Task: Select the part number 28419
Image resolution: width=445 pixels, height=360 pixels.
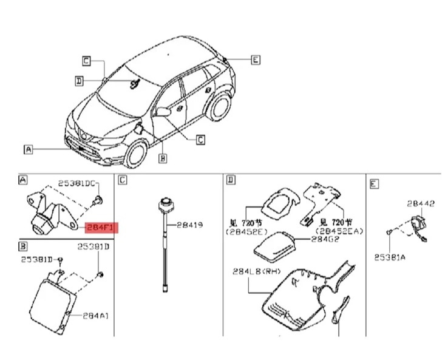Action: [189, 225]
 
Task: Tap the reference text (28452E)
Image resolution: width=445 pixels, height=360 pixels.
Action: [245, 231]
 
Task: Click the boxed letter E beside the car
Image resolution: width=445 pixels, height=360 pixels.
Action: [255, 59]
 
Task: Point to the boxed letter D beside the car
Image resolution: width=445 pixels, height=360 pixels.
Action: [80, 80]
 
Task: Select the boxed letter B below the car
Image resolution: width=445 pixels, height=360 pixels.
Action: [163, 158]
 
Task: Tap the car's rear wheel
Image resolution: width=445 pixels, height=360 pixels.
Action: [219, 107]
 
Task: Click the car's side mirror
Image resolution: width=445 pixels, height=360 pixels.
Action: [163, 112]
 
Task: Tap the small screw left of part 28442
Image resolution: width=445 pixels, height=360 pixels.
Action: [388, 232]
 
